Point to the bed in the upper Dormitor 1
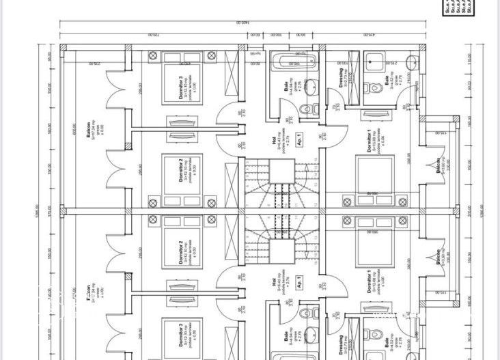[375, 181]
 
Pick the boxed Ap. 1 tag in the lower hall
[298, 283]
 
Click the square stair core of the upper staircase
[281, 171]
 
